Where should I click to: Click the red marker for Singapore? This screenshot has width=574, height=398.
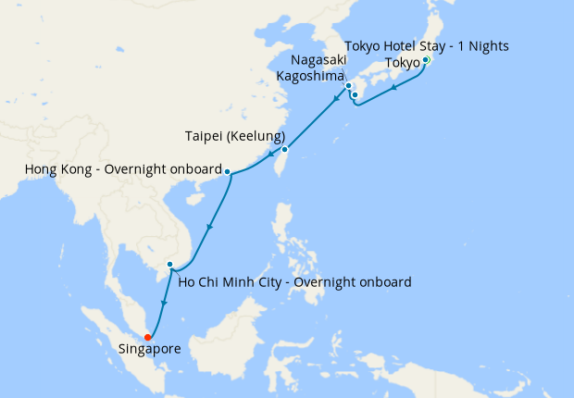point(148,337)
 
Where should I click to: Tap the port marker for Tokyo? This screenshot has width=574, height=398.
point(425,61)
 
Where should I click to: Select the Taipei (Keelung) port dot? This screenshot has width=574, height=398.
point(285,149)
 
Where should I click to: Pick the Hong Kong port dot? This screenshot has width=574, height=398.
point(228,171)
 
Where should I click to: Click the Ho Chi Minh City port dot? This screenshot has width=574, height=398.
point(169,266)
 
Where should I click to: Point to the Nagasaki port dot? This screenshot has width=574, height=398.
point(348,87)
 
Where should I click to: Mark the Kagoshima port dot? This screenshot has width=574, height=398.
point(355,95)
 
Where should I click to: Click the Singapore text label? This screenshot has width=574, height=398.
point(149,350)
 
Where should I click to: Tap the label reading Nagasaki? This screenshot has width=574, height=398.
point(313,60)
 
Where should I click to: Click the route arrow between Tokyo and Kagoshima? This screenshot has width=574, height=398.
point(395,88)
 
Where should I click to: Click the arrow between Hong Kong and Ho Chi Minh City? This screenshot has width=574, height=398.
point(210,228)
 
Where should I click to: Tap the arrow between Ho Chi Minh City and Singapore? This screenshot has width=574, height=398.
point(163,303)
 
